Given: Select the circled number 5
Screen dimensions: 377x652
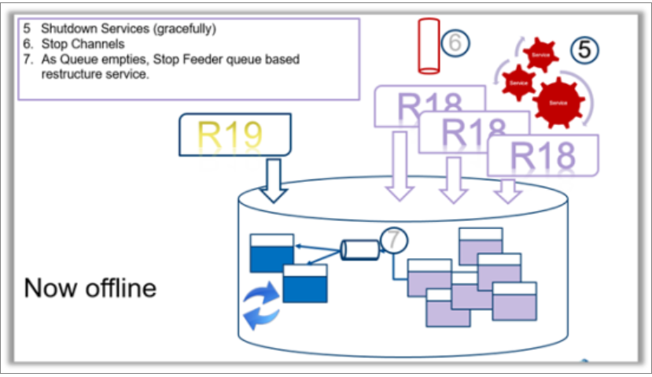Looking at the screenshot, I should tap(584, 50).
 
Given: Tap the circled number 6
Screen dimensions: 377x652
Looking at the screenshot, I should tap(455, 43).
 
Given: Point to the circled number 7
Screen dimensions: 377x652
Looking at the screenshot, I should tap(392, 239).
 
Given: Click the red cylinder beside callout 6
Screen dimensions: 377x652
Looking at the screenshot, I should tap(429, 46).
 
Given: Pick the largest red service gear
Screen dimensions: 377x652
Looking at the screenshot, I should tap(558, 102).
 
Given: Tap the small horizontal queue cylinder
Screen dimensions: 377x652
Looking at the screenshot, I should tap(359, 249).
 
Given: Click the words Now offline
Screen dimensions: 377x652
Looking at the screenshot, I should tap(90, 288).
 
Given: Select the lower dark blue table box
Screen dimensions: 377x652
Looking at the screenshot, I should tap(305, 283).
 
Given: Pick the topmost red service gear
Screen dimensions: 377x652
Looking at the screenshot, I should tap(541, 54).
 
